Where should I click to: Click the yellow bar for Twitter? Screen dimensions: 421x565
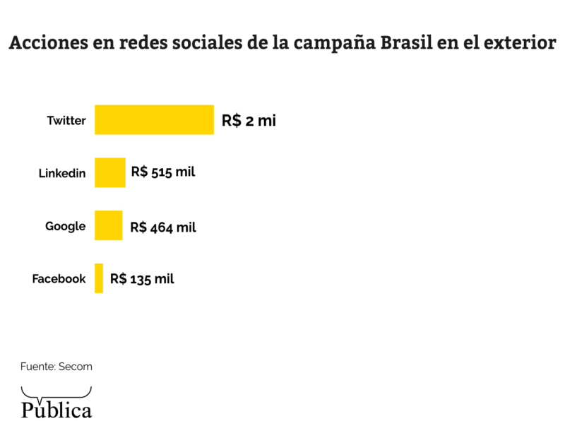(x=154, y=119)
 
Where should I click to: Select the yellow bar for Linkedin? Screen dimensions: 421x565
(x=110, y=172)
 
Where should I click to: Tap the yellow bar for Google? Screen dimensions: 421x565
(x=108, y=225)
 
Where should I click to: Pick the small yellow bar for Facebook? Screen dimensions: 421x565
(x=99, y=278)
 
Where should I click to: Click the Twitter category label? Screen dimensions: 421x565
(x=66, y=120)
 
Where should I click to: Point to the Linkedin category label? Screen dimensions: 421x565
(x=62, y=173)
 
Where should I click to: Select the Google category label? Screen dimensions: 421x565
(x=66, y=226)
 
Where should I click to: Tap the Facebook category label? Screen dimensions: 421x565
(x=59, y=279)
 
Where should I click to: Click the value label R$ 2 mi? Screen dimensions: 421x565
(x=249, y=120)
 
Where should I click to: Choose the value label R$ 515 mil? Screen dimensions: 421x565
(x=163, y=172)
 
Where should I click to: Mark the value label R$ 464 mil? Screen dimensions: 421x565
(x=163, y=227)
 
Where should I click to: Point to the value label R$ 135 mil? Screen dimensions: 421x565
(x=142, y=278)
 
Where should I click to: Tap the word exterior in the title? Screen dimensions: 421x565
(x=520, y=44)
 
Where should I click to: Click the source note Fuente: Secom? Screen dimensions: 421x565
(x=56, y=367)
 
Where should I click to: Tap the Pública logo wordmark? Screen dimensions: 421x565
(x=56, y=410)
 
